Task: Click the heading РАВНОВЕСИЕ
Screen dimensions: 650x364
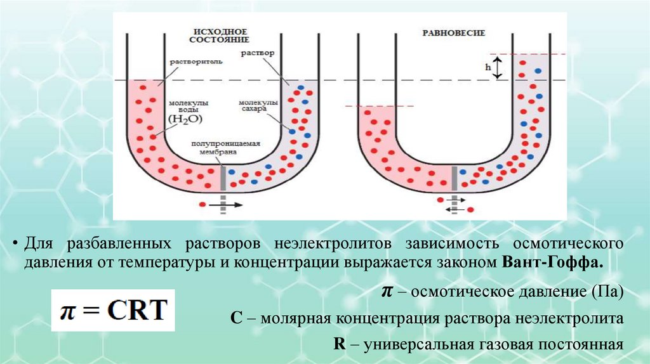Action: (x=454, y=32)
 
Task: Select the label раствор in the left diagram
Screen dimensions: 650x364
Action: (x=257, y=53)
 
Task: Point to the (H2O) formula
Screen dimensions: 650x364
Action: (x=183, y=118)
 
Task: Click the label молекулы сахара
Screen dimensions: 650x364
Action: (x=258, y=105)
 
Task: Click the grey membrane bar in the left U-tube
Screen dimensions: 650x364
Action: (x=223, y=178)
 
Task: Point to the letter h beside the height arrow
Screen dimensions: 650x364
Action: (x=487, y=67)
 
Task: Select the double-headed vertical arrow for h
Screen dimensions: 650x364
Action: (x=498, y=67)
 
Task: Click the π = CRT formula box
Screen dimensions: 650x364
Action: (x=113, y=310)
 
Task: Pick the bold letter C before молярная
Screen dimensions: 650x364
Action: (x=235, y=318)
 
